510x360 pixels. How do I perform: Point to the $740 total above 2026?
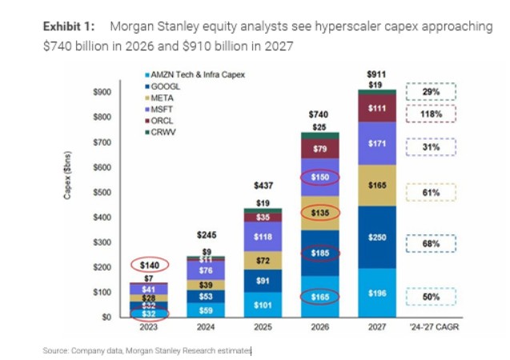coord(319,114)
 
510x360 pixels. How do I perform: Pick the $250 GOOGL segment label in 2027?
coord(376,238)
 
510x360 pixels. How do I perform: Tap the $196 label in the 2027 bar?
coord(376,293)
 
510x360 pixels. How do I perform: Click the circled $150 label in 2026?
coord(319,178)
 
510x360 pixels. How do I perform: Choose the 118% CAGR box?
coord(432,114)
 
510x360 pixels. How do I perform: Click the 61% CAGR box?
coord(432,193)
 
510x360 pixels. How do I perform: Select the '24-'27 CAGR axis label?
coord(432,327)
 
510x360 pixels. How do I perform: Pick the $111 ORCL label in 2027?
coord(376,108)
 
